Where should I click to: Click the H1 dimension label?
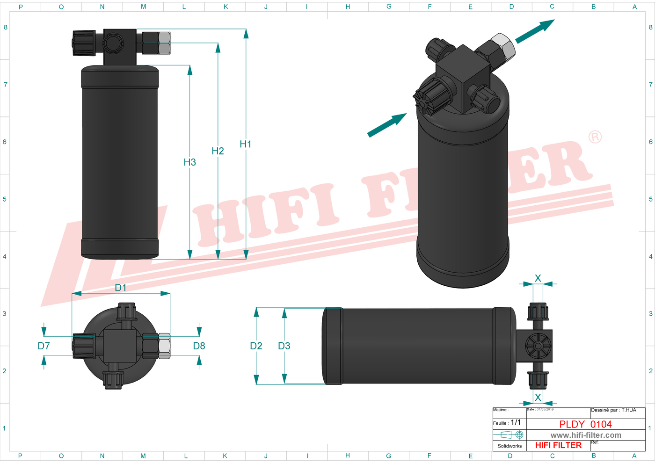click(x=246, y=145)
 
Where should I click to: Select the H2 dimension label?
click(x=218, y=151)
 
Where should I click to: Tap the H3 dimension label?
click(x=189, y=162)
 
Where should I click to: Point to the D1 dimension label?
click(x=121, y=288)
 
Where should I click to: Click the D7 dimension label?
click(x=44, y=346)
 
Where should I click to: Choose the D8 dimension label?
click(x=199, y=346)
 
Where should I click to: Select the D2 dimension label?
click(x=256, y=346)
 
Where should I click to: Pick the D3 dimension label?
click(x=284, y=346)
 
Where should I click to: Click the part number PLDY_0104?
click(x=585, y=424)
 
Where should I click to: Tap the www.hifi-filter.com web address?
click(x=586, y=435)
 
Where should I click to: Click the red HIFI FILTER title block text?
click(x=558, y=445)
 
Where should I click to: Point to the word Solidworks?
click(x=509, y=446)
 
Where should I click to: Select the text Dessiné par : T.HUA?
click(x=613, y=410)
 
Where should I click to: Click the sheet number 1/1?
click(x=516, y=422)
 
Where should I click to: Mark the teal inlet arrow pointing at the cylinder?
click(x=387, y=125)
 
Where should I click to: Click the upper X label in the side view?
click(x=538, y=278)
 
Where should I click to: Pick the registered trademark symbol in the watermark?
click(x=595, y=137)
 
